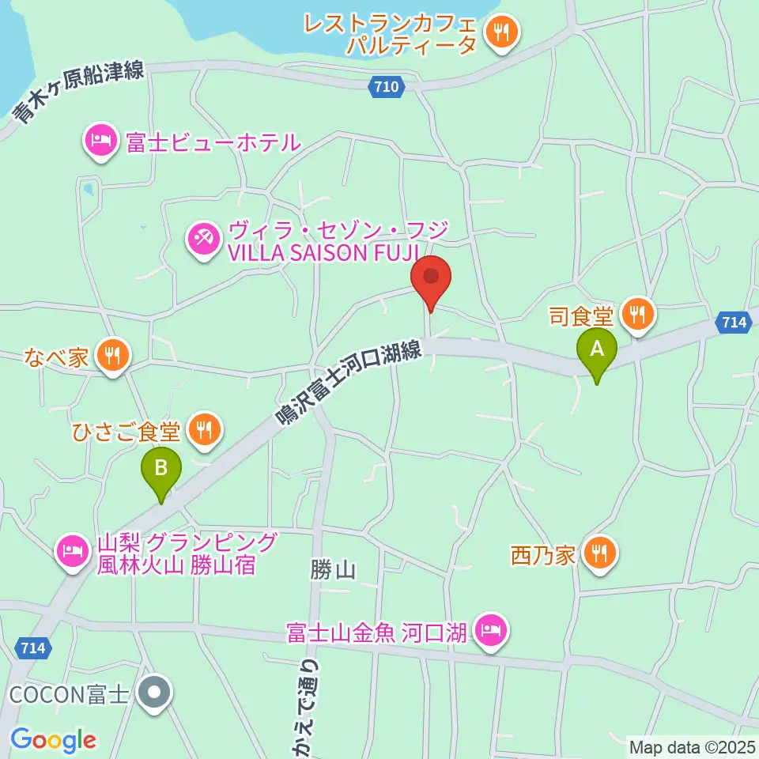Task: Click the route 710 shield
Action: point(387,88)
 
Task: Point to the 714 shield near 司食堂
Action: point(734,322)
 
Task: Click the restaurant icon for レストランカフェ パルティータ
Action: point(501,33)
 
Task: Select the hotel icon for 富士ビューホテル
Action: point(100,142)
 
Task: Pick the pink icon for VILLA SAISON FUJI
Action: point(202,240)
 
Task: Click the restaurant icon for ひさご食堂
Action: point(206,431)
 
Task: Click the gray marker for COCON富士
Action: point(154,693)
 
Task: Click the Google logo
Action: point(53,740)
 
